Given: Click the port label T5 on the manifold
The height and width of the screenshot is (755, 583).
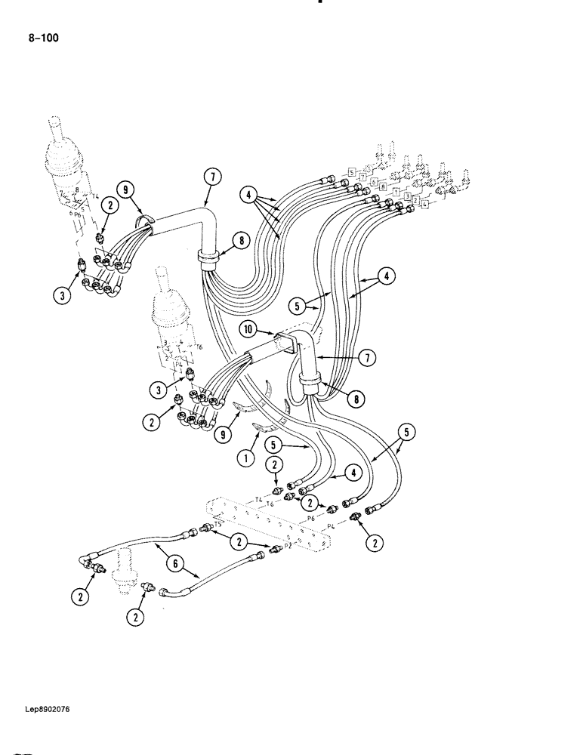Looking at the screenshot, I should [x=218, y=524].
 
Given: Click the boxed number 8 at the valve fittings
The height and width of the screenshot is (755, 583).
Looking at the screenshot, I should [x=384, y=186].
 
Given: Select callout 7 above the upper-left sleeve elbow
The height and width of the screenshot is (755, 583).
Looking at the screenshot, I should [x=213, y=178].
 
